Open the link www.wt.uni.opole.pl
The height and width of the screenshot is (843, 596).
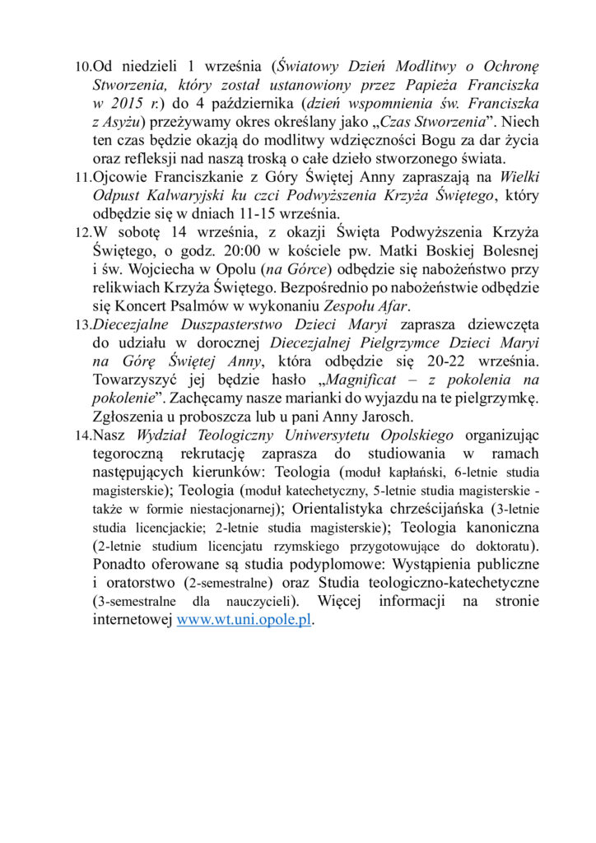pyautogui.click(x=244, y=621)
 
